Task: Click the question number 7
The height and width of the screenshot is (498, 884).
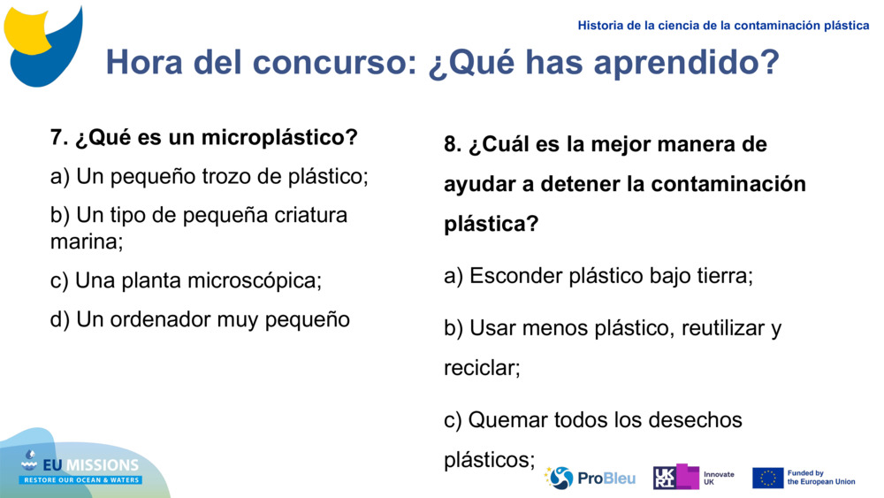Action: pyautogui.click(x=58, y=138)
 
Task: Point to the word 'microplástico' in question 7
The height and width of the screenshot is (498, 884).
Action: pyautogui.click(x=278, y=138)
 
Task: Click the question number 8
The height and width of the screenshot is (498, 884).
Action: pyautogui.click(x=452, y=144)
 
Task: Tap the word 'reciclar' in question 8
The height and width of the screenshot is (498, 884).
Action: pyautogui.click(x=481, y=368)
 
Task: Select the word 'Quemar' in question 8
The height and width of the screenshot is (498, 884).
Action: pyautogui.click(x=507, y=419)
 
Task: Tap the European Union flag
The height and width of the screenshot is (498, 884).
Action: pyautogui.click(x=767, y=478)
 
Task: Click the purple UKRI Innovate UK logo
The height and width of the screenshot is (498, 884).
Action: pyautogui.click(x=675, y=477)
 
